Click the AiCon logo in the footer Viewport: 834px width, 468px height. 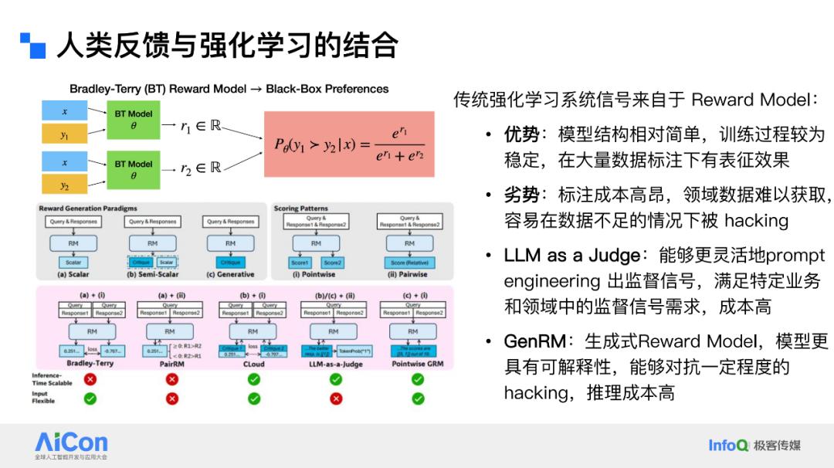[x=71, y=443]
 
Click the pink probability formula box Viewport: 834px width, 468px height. [x=349, y=144]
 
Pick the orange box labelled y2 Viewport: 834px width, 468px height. [x=64, y=185]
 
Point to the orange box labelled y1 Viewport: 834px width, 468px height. [x=64, y=134]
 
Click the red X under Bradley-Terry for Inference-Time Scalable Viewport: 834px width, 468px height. [x=90, y=379]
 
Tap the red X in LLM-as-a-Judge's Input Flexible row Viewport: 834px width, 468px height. [x=335, y=398]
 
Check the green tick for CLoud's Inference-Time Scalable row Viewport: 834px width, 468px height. [x=253, y=379]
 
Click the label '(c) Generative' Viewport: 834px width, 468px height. [x=230, y=274]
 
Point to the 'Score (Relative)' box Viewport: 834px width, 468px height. [x=409, y=263]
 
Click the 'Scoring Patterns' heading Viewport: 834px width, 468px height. [x=300, y=209]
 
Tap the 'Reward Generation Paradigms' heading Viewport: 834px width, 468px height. [x=88, y=209]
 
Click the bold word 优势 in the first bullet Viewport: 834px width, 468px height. [x=521, y=135]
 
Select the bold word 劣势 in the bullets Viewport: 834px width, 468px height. [x=521, y=195]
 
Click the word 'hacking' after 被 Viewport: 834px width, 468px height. [x=756, y=221]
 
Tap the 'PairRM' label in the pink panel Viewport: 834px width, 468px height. [x=170, y=362]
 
